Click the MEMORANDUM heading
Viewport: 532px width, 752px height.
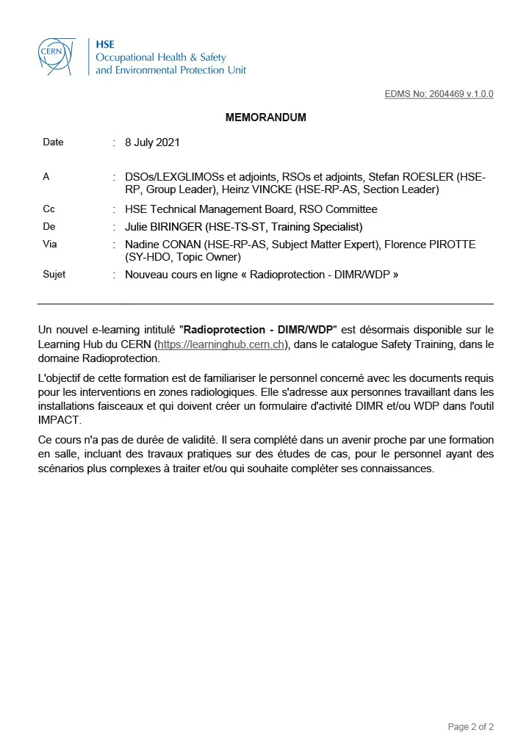265,117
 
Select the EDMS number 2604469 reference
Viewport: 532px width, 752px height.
439,94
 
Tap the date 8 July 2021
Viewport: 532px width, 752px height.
152,142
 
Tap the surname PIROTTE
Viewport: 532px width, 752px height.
452,245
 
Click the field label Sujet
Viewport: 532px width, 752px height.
54,275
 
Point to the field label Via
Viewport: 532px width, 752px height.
50,245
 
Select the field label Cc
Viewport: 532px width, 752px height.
49,209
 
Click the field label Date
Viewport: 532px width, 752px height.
53,142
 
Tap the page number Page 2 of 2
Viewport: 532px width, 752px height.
470,727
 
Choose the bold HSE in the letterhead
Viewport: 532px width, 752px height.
104,44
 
